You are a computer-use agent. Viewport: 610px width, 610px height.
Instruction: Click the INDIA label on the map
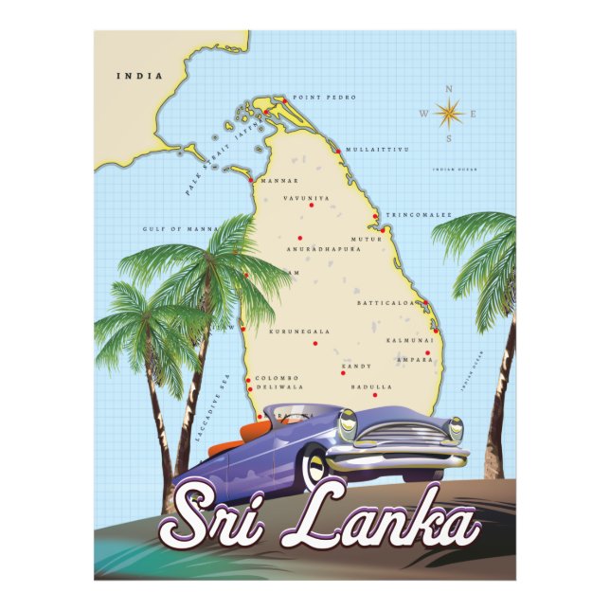138,76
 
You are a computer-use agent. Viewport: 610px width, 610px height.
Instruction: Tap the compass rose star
448,115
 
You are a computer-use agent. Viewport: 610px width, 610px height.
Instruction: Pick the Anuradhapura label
324,250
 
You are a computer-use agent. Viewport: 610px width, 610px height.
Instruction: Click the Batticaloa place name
386,303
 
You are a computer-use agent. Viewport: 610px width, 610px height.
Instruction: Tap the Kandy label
356,366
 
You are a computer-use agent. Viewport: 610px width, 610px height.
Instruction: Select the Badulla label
370,386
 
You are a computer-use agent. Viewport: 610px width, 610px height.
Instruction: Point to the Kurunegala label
299,332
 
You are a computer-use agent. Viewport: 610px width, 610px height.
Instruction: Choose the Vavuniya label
307,198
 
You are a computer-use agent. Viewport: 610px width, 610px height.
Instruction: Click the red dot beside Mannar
249,179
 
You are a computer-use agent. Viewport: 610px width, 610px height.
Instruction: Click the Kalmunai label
410,339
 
